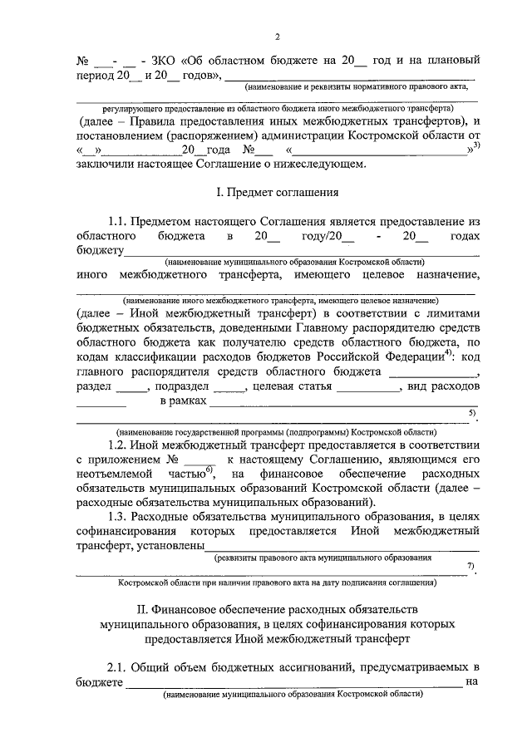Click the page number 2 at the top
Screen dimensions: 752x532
coord(278,36)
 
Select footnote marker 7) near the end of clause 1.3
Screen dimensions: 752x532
coord(470,566)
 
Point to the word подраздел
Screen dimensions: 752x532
coord(187,387)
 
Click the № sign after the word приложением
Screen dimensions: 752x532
coord(174,460)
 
